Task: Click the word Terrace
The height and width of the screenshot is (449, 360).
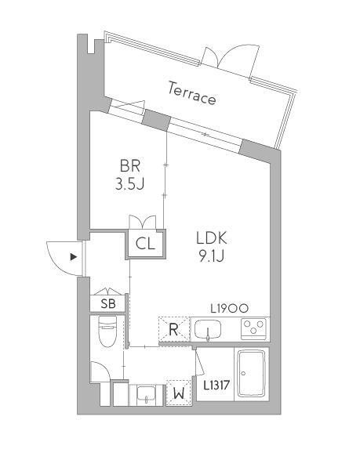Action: click(x=191, y=93)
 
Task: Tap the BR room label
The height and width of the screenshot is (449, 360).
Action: click(x=130, y=166)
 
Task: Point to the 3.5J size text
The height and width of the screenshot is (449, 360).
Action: click(x=129, y=184)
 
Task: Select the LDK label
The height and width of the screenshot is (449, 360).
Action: click(x=212, y=238)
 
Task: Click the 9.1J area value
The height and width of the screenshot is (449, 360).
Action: click(x=212, y=255)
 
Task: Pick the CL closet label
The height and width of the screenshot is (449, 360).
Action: click(x=145, y=244)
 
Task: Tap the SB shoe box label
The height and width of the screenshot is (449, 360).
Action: click(x=108, y=303)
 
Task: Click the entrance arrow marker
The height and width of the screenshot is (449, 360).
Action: click(x=74, y=257)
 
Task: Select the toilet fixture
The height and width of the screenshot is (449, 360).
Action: click(x=107, y=331)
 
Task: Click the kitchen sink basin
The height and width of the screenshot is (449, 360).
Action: click(x=208, y=329)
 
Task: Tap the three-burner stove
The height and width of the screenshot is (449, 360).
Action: click(x=253, y=329)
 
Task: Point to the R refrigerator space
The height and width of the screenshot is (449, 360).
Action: click(x=174, y=329)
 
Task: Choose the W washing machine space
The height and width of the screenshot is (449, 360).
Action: click(x=179, y=393)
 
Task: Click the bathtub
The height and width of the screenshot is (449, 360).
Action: click(x=252, y=373)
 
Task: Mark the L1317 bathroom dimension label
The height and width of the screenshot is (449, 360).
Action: click(x=216, y=386)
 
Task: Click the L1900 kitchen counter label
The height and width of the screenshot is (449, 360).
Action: click(x=229, y=309)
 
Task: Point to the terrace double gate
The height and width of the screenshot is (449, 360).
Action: click(x=229, y=59)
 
